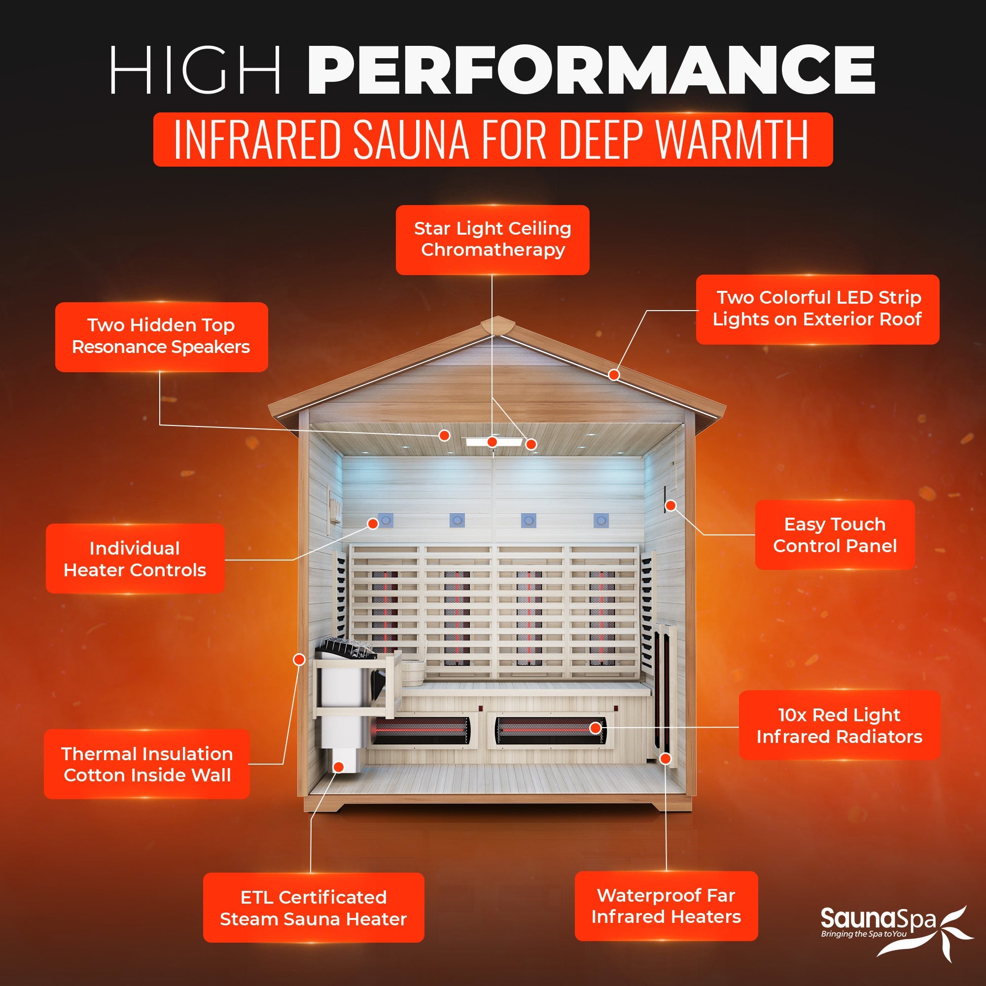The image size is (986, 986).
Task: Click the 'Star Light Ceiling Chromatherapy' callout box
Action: click(493, 240)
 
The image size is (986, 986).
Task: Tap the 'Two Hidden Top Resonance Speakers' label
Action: click(161, 336)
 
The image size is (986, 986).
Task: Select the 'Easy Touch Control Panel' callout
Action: click(835, 535)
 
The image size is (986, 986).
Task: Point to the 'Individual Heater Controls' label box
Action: click(135, 559)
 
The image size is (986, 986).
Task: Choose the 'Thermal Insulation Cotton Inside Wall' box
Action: click(146, 764)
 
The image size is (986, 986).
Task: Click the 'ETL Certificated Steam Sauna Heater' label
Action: click(314, 908)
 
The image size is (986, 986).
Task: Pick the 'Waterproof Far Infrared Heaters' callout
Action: click(666, 906)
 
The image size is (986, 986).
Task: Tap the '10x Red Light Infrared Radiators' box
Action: click(839, 725)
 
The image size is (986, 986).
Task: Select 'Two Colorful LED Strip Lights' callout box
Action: click(817, 309)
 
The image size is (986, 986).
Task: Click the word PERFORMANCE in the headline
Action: click(591, 70)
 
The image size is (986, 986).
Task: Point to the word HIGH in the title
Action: click(195, 70)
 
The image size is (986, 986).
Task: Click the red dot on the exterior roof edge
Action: click(614, 375)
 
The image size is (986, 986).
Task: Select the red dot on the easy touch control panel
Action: click(671, 506)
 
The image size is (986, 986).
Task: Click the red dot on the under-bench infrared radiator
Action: click(595, 728)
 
